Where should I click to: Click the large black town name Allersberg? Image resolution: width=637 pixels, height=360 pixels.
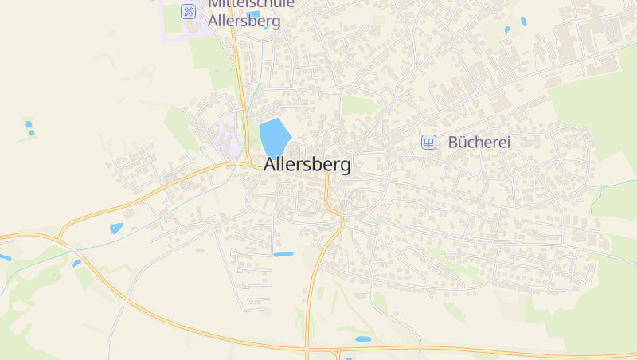[307, 166]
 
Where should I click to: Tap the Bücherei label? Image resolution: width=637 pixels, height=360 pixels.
[479, 143]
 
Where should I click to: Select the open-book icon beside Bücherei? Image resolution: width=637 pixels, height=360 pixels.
[429, 143]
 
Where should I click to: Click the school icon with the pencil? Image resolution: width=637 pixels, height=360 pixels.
[188, 11]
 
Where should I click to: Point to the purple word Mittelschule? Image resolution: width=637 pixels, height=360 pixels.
[251, 4]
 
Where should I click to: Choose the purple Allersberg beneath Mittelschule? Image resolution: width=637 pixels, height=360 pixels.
[244, 22]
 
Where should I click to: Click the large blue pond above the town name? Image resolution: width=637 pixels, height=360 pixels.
[273, 137]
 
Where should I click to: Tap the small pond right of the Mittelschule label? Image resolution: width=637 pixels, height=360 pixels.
[254, 14]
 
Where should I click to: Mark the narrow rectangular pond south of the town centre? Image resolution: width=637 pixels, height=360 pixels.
[283, 254]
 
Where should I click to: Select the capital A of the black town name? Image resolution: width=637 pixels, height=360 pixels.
[271, 166]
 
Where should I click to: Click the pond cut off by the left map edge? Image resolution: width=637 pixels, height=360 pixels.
[5, 257]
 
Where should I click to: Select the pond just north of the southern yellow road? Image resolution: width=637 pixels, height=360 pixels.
[363, 339]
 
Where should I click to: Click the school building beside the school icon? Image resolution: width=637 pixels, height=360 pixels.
[197, 24]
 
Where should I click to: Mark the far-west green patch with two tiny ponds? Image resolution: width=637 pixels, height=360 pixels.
[29, 127]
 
